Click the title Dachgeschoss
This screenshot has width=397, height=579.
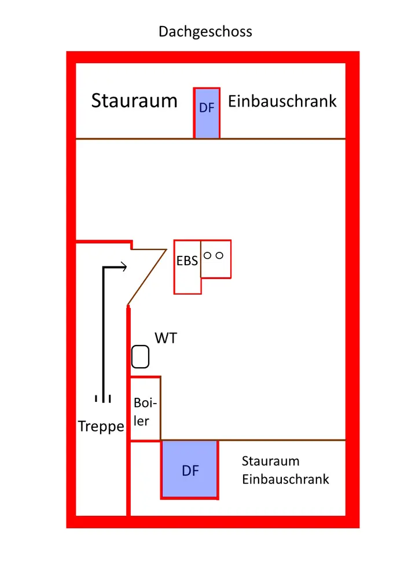pos(205,31)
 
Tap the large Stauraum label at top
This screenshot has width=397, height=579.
pos(134,101)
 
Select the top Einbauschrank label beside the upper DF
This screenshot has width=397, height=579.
pos(282,101)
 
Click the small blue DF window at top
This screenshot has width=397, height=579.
pos(207,122)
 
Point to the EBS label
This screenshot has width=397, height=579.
pos(187,261)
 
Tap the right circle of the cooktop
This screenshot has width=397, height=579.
pos(219,255)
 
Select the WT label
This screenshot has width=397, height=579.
pos(166,339)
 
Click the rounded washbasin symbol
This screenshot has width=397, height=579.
pos(141,356)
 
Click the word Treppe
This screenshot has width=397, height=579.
pos(101,427)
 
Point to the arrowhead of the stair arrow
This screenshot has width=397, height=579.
pos(123,267)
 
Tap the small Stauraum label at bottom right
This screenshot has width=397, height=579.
pos(270,461)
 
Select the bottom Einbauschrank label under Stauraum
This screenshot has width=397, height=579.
pos(285,479)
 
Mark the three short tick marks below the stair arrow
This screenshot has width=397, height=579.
pos(103,398)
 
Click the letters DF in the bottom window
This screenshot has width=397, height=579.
pos(190,471)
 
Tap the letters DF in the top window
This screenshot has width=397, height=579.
pos(207,107)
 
